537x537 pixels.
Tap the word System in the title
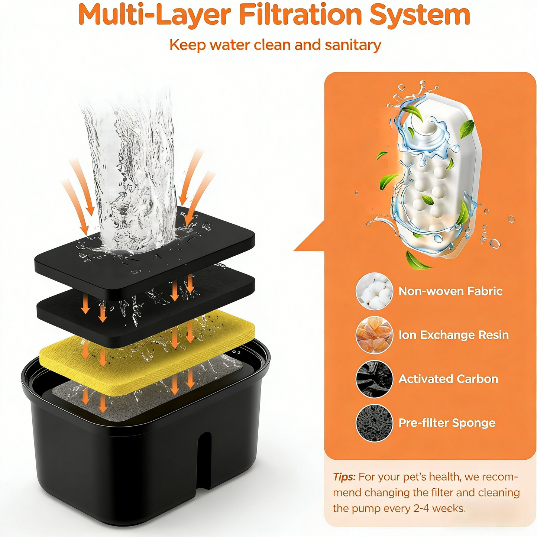[420, 15]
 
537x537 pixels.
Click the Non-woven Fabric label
[450, 291]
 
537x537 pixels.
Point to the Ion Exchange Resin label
[453, 335]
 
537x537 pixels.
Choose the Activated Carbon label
[448, 379]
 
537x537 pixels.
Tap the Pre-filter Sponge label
[447, 423]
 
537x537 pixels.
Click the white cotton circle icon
[374, 291]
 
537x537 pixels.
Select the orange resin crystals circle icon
[374, 335]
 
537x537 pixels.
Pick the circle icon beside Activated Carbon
[374, 379]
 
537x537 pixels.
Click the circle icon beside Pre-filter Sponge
[374, 423]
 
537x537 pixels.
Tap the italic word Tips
[344, 477]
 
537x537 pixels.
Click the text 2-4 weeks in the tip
[439, 508]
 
